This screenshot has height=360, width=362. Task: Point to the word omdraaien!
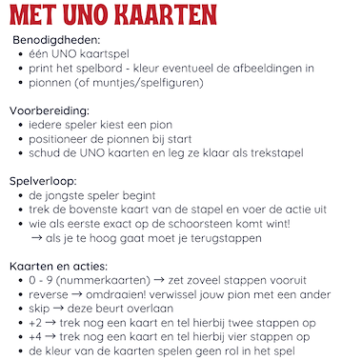[x=125, y=295]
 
